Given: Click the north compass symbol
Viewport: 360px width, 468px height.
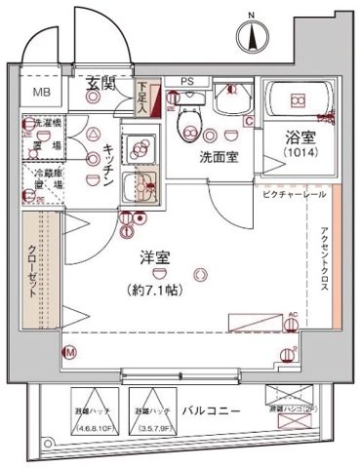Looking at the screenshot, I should click(x=253, y=34).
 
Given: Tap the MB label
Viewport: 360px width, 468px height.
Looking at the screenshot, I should click(x=44, y=93).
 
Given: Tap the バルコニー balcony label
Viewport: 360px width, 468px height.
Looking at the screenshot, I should click(x=210, y=411).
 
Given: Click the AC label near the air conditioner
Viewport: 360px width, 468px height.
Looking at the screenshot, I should click(x=292, y=314).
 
